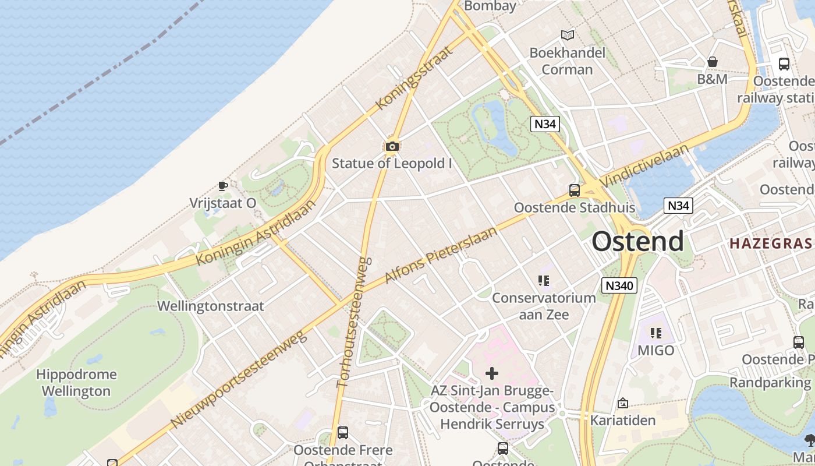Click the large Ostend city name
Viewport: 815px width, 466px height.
pyautogui.click(x=637, y=241)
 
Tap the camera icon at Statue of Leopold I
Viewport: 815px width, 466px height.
pyautogui.click(x=392, y=146)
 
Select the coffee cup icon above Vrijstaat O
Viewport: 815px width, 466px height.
pyautogui.click(x=222, y=186)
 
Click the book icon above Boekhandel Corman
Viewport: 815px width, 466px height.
pyautogui.click(x=567, y=35)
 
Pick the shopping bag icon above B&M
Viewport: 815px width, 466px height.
pyautogui.click(x=712, y=62)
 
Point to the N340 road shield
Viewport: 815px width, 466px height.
pyautogui.click(x=619, y=285)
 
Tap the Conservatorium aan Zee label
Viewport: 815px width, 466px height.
pyautogui.click(x=544, y=306)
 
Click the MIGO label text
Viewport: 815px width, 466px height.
pyautogui.click(x=655, y=351)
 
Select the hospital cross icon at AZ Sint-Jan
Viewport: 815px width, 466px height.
pyautogui.click(x=492, y=373)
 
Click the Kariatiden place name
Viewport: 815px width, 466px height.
pyautogui.click(x=623, y=420)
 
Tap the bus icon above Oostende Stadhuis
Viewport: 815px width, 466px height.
pyautogui.click(x=574, y=190)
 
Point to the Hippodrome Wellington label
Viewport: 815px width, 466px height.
pyautogui.click(x=76, y=383)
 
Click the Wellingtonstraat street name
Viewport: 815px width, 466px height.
pyautogui.click(x=210, y=306)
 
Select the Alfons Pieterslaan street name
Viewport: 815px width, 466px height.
pyautogui.click(x=442, y=255)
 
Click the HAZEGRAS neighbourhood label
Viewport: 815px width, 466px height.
pyautogui.click(x=770, y=243)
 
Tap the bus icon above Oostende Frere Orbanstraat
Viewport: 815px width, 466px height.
pyautogui.click(x=343, y=433)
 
